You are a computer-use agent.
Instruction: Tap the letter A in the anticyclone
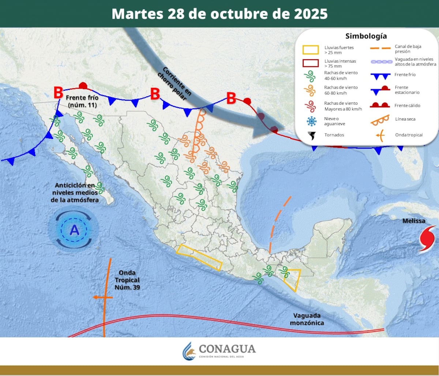click(74, 230)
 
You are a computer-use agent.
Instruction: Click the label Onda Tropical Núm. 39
click(127, 280)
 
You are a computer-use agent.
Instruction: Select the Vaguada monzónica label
click(307, 319)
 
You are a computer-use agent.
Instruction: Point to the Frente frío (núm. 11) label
click(82, 101)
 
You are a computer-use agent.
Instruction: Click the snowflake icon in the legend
click(311, 121)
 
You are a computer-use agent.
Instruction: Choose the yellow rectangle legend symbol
click(310, 50)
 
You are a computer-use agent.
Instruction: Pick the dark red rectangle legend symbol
click(310, 63)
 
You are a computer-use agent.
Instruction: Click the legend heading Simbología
click(366, 36)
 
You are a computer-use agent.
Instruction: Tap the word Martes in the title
click(137, 14)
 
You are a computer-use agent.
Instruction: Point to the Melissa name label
click(414, 221)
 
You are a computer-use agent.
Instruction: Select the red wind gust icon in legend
click(310, 106)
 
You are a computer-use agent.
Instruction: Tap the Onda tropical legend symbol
click(380, 135)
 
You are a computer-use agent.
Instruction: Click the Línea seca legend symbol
click(380, 119)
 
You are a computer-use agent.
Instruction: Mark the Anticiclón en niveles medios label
click(75, 193)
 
